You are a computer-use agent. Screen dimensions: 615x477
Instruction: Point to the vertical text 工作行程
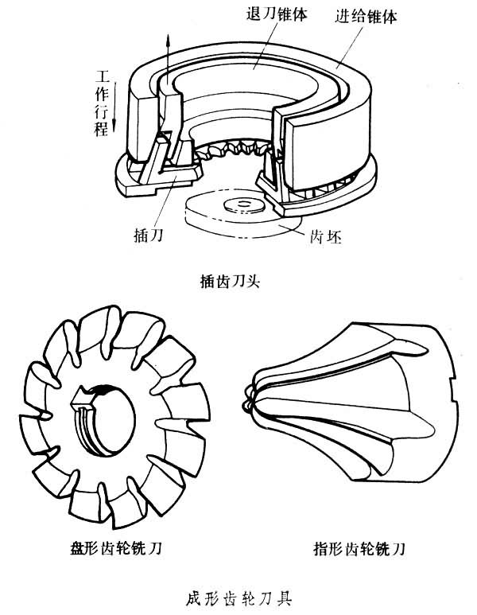[x=102, y=103]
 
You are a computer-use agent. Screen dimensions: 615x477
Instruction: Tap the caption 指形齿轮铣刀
[x=359, y=548]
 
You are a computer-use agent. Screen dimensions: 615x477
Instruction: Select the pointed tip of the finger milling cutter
[x=251, y=403]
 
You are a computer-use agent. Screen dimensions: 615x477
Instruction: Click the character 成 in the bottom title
[x=190, y=594]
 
